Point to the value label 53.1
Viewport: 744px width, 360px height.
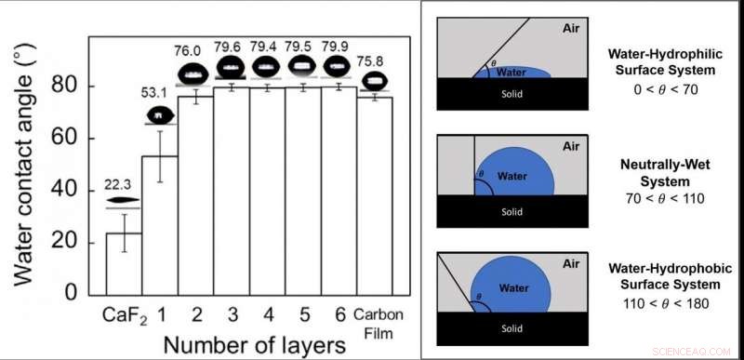[161, 93]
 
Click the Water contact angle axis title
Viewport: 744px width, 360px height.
[23, 167]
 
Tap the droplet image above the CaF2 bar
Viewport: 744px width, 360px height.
[123, 200]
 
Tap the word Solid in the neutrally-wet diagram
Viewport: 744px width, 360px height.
[512, 211]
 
